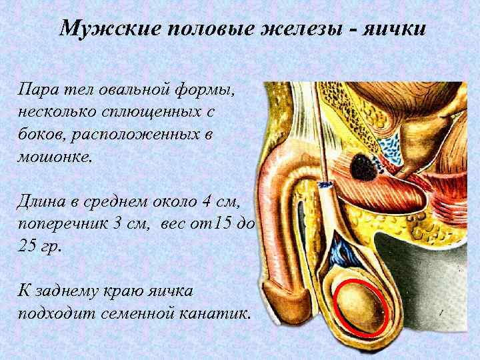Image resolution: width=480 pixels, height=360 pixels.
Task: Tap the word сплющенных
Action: pos(143,111)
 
